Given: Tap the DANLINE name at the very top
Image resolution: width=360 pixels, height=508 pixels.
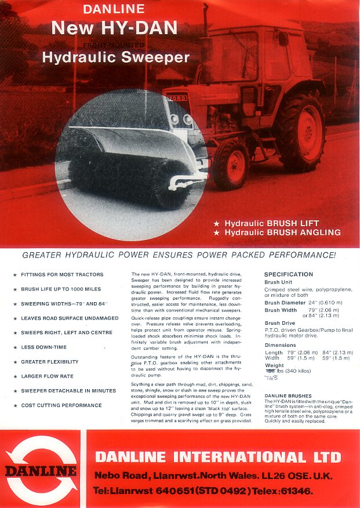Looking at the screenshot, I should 114,9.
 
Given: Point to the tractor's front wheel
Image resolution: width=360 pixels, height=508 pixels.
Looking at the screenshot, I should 230,164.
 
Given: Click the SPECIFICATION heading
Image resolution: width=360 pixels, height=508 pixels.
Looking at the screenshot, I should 288,274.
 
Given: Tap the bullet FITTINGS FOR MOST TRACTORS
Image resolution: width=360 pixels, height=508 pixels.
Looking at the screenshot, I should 62,274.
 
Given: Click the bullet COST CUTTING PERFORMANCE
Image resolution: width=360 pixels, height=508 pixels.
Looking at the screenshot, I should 61,405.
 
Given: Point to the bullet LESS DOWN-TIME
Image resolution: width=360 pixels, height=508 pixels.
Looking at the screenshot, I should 43,347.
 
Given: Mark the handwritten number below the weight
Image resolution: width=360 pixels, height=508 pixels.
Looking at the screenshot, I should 271,378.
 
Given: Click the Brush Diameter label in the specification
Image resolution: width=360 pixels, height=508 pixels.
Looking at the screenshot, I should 285,303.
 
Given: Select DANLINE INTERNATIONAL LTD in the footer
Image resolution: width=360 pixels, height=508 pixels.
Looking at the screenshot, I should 218,457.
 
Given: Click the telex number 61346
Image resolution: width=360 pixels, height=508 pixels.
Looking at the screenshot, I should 300,491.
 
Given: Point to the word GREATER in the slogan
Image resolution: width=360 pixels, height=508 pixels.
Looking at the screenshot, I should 42,255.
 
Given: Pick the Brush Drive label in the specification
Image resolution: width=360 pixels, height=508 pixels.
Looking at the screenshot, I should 279,323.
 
